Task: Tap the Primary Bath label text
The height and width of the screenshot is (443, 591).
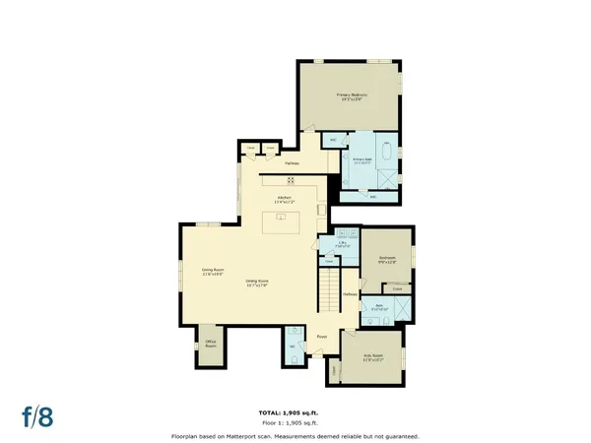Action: click(361, 159)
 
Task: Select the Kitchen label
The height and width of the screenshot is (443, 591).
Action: click(285, 199)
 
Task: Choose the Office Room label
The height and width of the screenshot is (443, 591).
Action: click(210, 345)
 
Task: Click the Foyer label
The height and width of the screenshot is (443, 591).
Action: click(321, 337)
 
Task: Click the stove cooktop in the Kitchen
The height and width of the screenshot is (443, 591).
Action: click(291, 180)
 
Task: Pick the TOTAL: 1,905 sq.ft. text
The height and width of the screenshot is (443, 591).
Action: click(295, 412)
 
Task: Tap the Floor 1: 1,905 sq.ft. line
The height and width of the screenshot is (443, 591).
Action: click(295, 423)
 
